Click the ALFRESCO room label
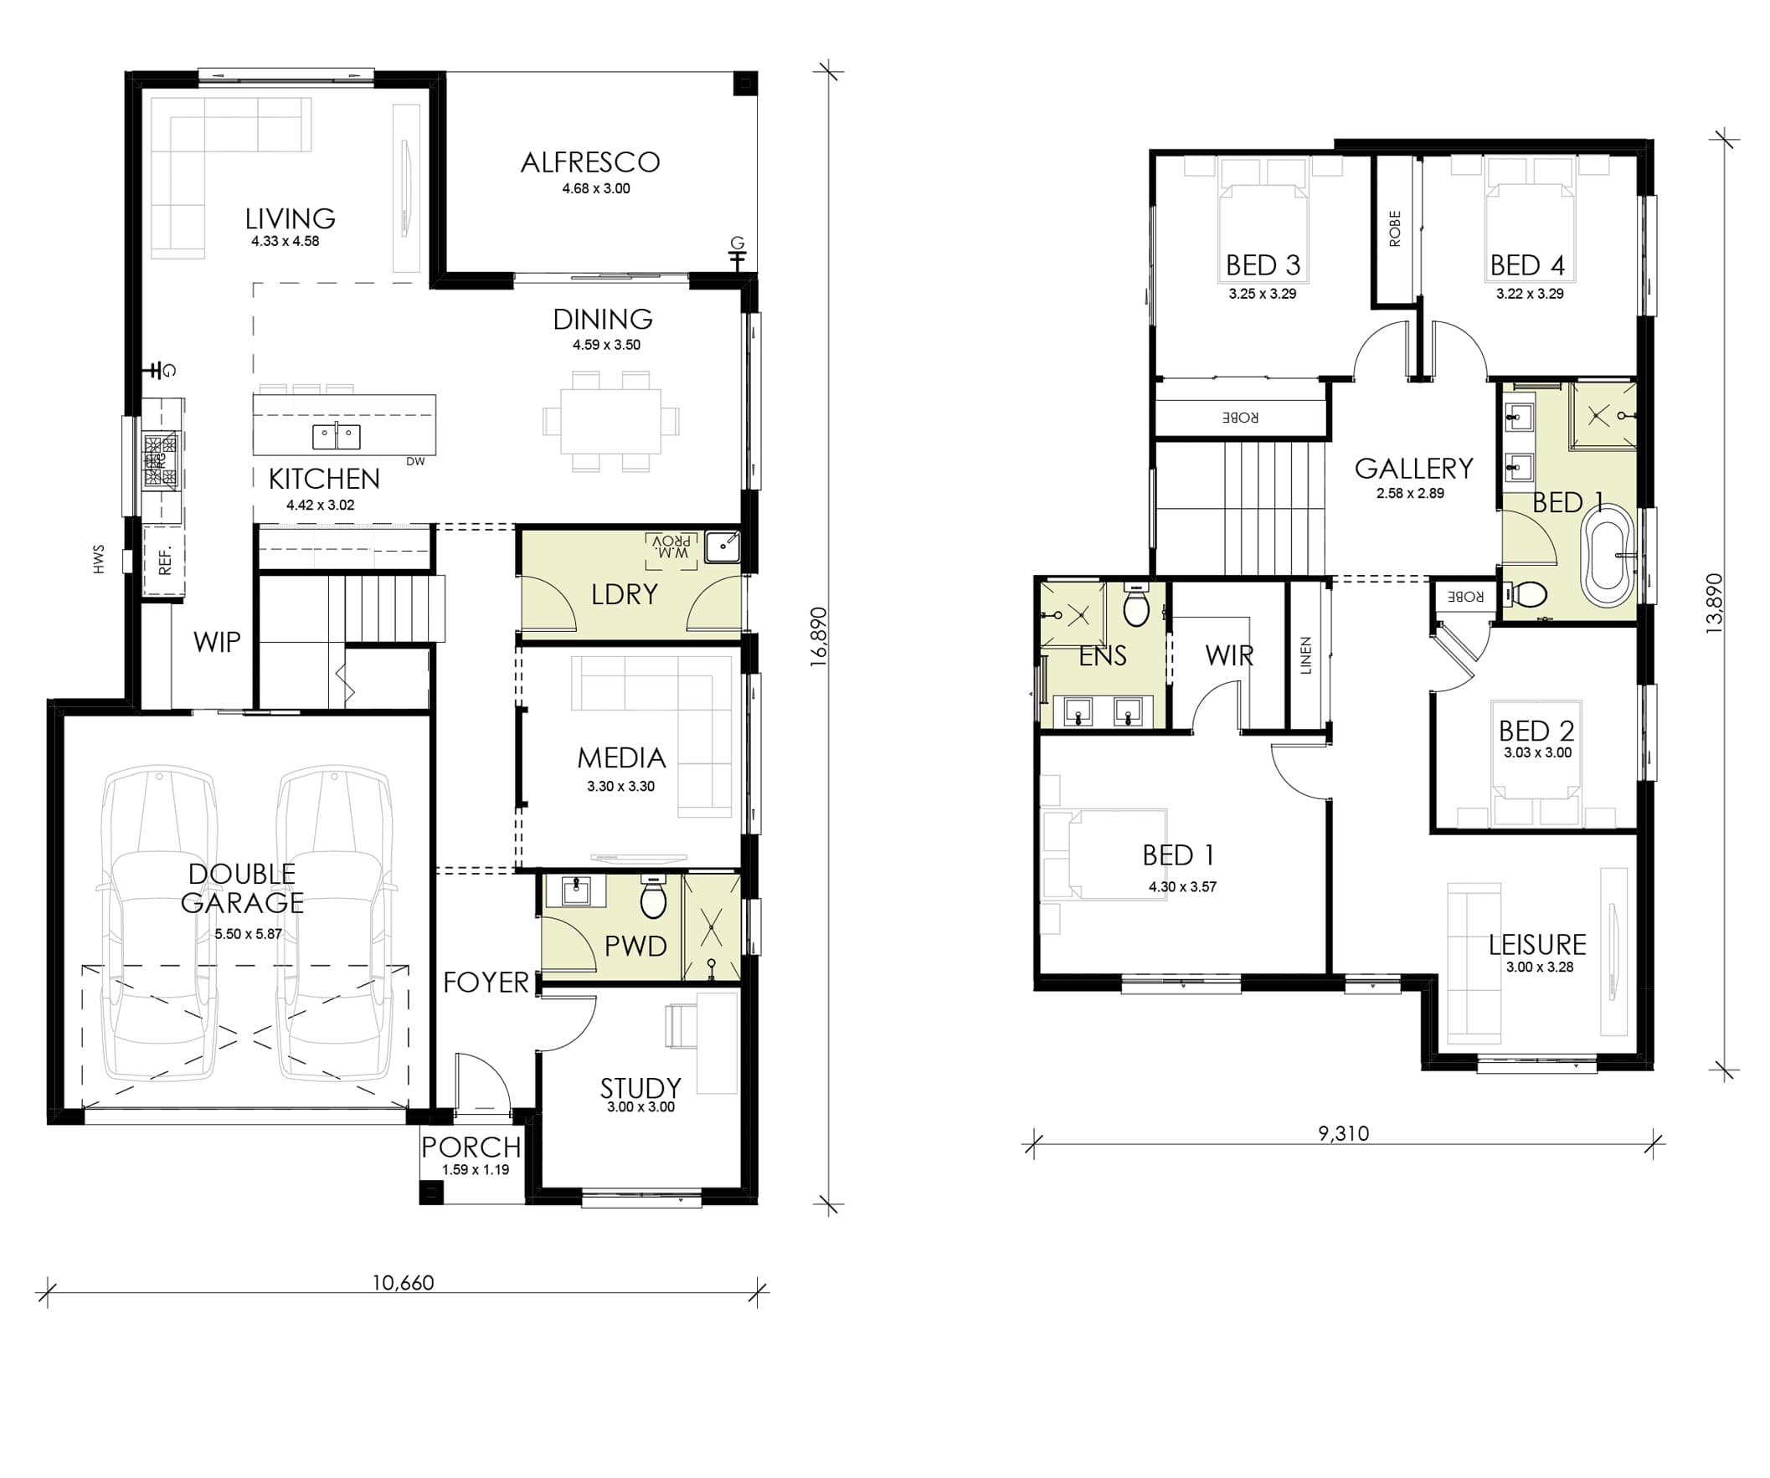point(590,162)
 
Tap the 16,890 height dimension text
point(818,637)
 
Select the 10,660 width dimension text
point(403,1282)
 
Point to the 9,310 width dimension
point(1344,1133)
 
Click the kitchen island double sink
point(337,437)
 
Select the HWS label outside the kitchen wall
point(99,559)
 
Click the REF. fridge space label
point(164,560)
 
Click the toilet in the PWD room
point(653,896)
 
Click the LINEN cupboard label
point(1305,655)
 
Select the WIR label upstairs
point(1229,654)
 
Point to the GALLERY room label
point(1413,468)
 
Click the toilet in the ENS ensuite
point(1136,605)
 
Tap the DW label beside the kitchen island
point(415,461)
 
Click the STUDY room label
point(641,1088)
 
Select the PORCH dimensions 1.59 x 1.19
point(476,1169)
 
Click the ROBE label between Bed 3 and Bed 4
point(1394,228)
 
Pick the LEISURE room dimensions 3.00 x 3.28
point(1540,967)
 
